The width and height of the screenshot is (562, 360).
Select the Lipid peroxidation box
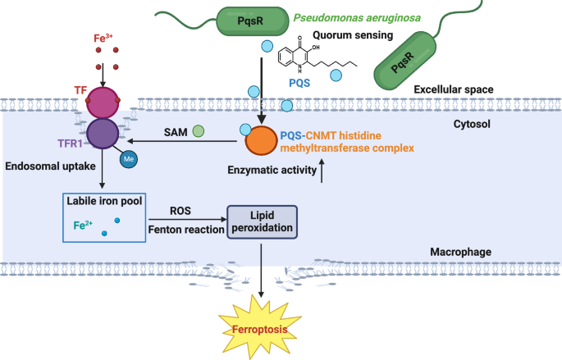(263, 221)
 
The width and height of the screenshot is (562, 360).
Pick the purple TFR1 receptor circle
(105, 134)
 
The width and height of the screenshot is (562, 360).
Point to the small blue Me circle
(129, 159)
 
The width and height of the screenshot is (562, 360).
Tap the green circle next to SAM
(198, 131)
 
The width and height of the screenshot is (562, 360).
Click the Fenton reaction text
(185, 230)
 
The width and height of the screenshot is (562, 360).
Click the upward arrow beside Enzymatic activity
(322, 170)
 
